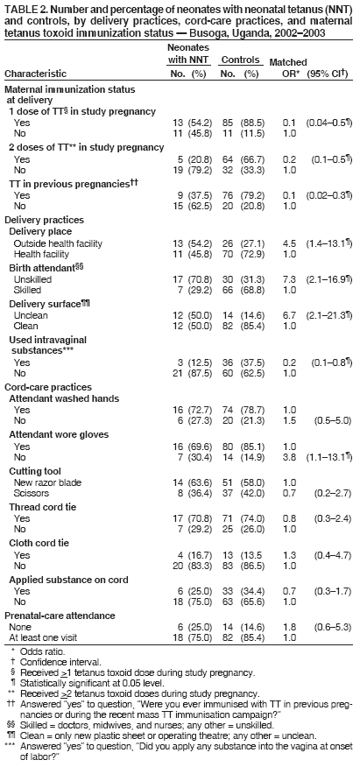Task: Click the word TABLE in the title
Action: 19,8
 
